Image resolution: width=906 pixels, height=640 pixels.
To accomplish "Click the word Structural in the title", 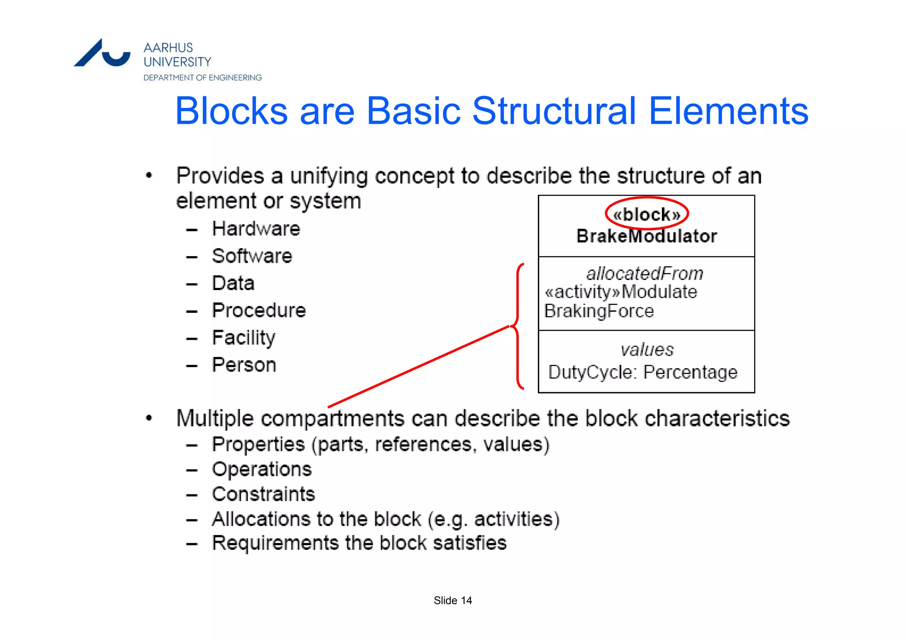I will pos(554,111).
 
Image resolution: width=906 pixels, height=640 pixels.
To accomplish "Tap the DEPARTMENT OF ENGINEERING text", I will pos(203,78).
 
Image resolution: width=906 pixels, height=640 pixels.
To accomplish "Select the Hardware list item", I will pos(256,229).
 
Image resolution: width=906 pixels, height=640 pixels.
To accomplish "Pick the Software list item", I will pos(252,256).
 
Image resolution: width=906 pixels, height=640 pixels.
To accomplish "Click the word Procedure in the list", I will pos(259,310).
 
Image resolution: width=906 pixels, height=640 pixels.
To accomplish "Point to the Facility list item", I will pos(244,338).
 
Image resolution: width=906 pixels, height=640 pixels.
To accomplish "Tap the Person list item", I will pos(244,365).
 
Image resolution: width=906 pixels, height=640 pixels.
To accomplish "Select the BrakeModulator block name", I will pos(646,236).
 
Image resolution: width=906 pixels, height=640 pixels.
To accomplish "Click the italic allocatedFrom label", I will pos(645,274).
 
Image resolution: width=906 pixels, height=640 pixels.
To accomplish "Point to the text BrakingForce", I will pos(599,311).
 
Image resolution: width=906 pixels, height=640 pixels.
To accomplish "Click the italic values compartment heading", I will pos(647,350).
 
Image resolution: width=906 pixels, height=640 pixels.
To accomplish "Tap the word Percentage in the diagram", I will pos(690,372).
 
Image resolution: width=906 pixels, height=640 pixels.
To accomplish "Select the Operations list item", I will pos(262,469).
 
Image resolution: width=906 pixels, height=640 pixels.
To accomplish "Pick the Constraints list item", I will pos(263,494).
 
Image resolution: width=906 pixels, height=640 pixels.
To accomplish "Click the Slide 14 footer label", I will pos(453,601).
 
